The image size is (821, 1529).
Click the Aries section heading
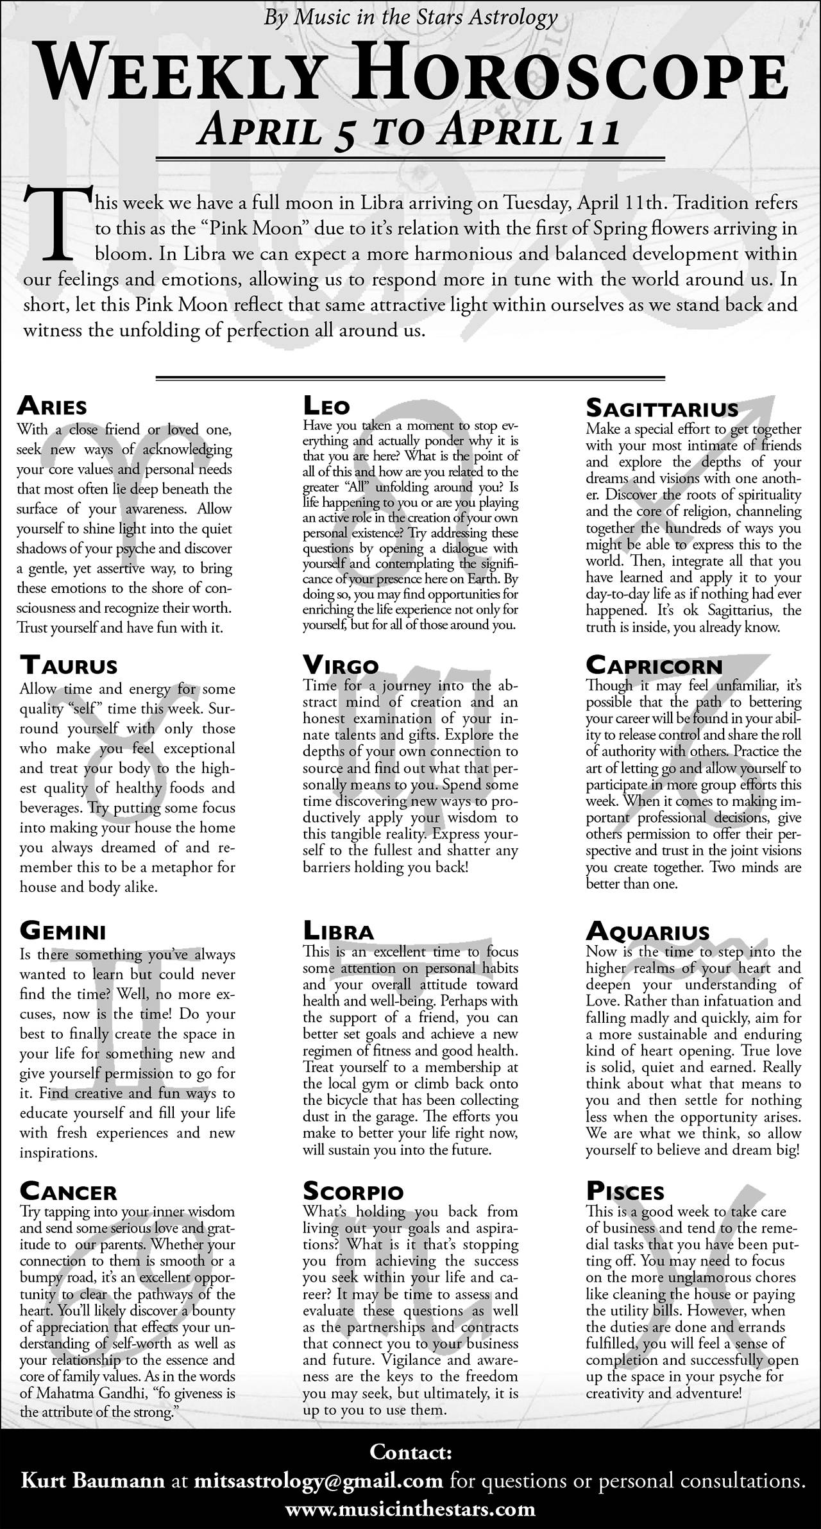pyautogui.click(x=52, y=406)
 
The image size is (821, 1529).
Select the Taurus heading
pyautogui.click(x=69, y=665)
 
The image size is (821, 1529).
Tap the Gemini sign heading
pyautogui.click(x=63, y=930)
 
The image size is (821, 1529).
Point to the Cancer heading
pyautogui.click(x=68, y=1192)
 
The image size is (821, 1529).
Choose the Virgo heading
pyautogui.click(x=341, y=665)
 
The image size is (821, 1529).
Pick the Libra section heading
pyautogui.click(x=338, y=931)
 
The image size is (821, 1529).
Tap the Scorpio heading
pyautogui.click(x=353, y=1192)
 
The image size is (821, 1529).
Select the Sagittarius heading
pyautogui.click(x=662, y=408)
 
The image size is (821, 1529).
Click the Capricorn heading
pyautogui.click(x=654, y=665)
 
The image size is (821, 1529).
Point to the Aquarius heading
pyautogui.click(x=648, y=931)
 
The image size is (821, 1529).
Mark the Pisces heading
pyautogui.click(x=625, y=1192)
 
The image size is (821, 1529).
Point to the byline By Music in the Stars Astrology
pyautogui.click(x=410, y=17)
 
